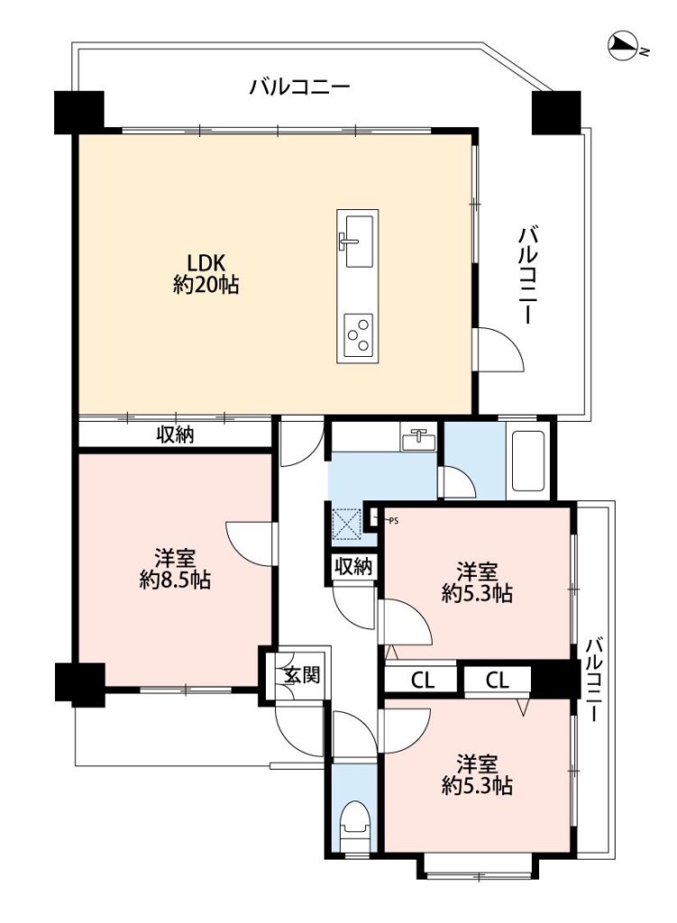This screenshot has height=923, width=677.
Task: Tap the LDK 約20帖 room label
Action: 206,274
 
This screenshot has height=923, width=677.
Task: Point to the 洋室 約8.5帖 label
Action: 175,568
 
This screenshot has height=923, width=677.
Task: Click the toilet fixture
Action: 355,818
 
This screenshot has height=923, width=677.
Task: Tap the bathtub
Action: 528,461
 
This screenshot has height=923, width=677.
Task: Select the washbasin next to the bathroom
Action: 417,439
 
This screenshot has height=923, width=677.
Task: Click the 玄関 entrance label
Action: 301,674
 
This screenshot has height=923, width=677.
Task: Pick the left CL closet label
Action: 422,681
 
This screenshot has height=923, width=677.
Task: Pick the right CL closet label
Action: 497,681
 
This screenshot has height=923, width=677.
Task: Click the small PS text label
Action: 394,520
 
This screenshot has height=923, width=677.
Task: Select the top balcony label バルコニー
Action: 299,87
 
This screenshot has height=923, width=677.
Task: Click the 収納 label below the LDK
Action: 175,435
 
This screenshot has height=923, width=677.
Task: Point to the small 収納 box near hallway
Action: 353,567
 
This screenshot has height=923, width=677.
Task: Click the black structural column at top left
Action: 79,112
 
